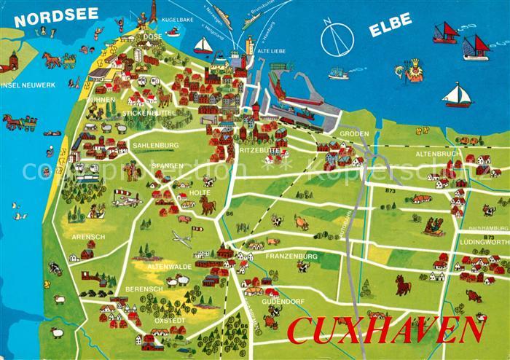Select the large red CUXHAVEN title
[385, 330]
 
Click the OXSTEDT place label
[169, 321]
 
